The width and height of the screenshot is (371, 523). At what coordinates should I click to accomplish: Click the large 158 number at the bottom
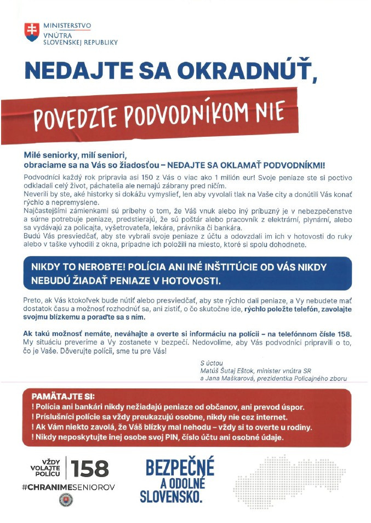tap(90, 468)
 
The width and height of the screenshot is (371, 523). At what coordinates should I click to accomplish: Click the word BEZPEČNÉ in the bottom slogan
tap(180, 468)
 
